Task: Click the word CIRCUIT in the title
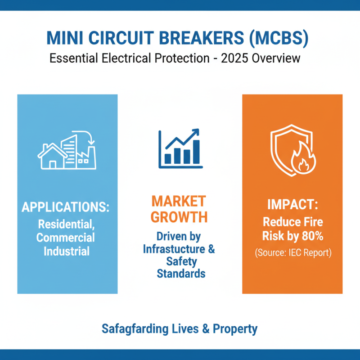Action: coord(133,39)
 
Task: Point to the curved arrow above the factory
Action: coord(85,135)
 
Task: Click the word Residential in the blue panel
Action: coord(67,224)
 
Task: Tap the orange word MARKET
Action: coord(179,201)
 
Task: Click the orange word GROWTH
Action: coord(179,217)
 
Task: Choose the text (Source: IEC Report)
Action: coord(292,252)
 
